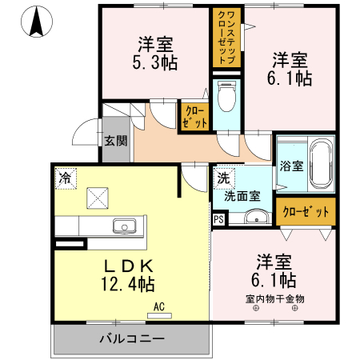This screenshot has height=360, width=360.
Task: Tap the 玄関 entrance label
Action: (x=115, y=141)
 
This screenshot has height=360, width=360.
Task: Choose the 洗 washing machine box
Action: (x=223, y=179)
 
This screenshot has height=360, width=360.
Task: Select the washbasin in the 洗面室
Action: (x=257, y=216)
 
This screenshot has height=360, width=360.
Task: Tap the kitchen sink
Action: (x=125, y=226)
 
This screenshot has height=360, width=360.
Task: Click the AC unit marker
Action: (x=158, y=306)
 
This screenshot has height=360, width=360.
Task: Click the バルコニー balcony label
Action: (x=132, y=338)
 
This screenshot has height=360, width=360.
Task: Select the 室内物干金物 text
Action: (x=274, y=299)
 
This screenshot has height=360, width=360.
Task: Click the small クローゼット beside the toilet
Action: (x=194, y=116)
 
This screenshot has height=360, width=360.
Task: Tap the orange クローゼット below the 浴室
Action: (x=305, y=212)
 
